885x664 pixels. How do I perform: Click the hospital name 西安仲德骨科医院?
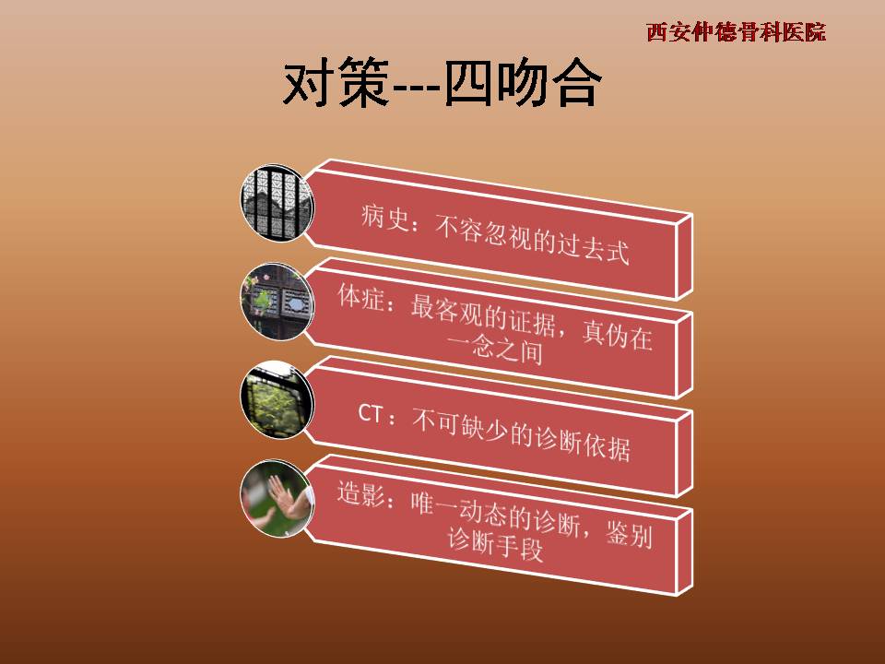coord(736,32)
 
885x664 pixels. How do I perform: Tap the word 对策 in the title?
coord(336,84)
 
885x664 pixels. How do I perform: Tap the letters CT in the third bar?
coord(371,413)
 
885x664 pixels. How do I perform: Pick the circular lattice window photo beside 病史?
coord(277,203)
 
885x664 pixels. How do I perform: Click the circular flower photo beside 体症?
coord(277,302)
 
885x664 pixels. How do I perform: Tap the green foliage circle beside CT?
coord(277,399)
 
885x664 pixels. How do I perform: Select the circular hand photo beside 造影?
coord(277,499)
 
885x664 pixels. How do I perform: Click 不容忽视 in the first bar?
coord(483,232)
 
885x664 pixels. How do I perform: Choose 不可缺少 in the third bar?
coord(460,426)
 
